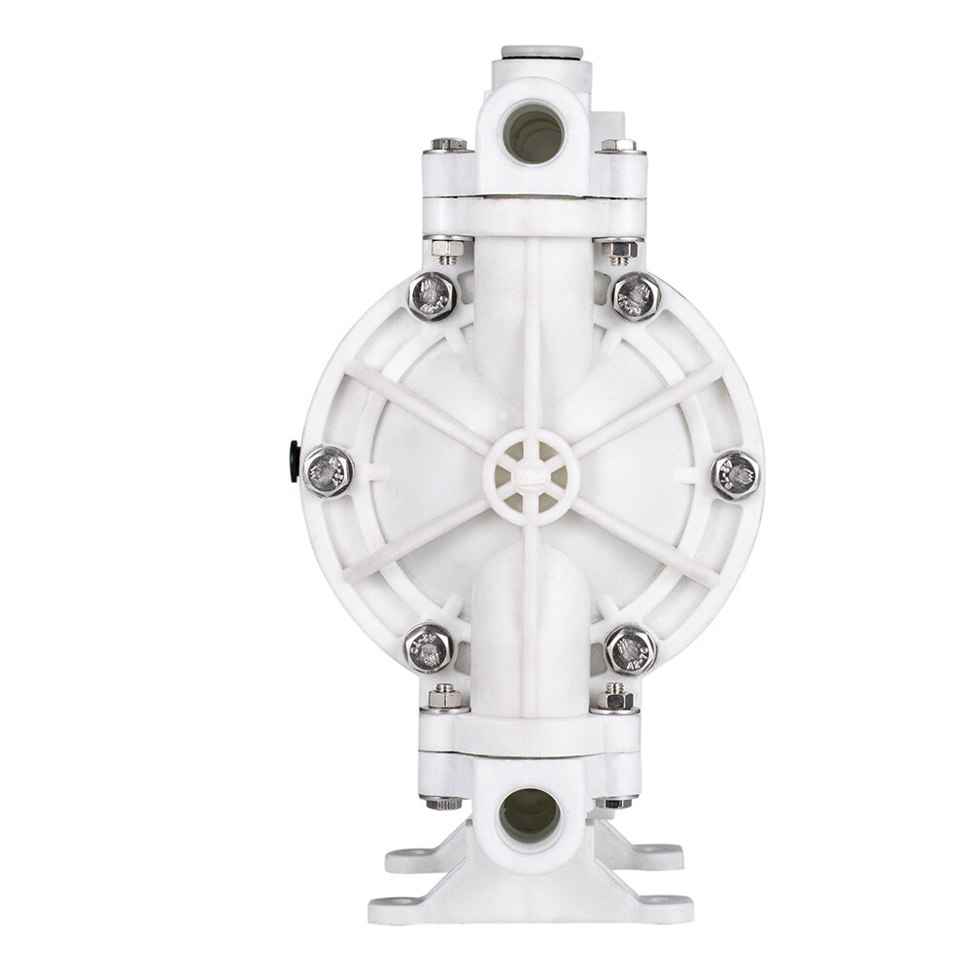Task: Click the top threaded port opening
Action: (x=534, y=132)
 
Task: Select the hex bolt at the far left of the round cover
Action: (x=328, y=471)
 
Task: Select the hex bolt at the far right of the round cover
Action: (x=736, y=475)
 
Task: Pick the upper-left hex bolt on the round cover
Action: (x=432, y=295)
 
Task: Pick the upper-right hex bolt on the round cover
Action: (x=637, y=295)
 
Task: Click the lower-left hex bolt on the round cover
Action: (x=428, y=648)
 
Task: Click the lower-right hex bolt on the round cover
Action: (x=631, y=649)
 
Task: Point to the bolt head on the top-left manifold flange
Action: (x=448, y=145)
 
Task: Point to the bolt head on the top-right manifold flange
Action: (x=618, y=145)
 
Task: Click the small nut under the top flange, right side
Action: (x=619, y=251)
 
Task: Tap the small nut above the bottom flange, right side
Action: (x=614, y=697)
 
